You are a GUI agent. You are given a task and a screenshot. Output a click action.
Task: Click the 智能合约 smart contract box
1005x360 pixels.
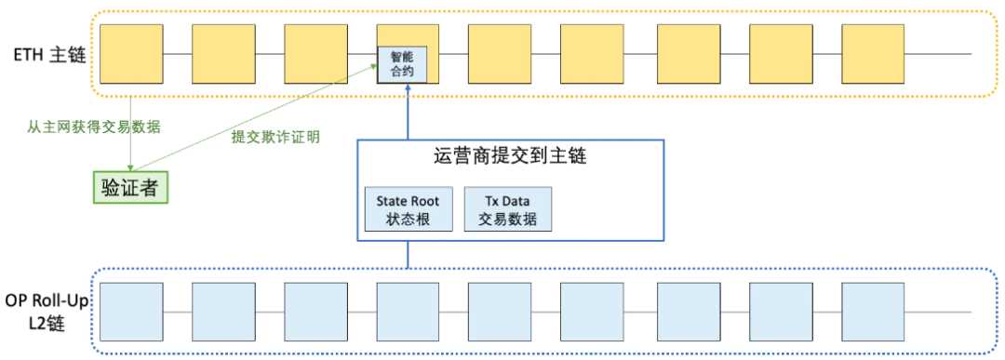coord(395,63)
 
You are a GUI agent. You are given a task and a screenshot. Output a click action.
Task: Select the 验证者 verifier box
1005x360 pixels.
coord(131,187)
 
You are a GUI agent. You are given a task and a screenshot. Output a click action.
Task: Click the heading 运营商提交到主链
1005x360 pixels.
coord(509,157)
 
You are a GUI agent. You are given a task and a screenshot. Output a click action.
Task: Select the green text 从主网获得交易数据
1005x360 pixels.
coord(93,127)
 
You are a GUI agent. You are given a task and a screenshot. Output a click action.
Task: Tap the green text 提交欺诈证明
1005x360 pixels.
coord(275,137)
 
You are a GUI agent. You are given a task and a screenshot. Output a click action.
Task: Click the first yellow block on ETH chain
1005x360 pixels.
coord(130,53)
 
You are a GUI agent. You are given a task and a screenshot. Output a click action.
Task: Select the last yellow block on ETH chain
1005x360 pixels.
coord(872,53)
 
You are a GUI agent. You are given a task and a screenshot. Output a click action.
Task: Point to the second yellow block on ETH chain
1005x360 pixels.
coord(222,53)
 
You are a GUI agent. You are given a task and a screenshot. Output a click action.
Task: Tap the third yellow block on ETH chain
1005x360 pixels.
coord(315,53)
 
